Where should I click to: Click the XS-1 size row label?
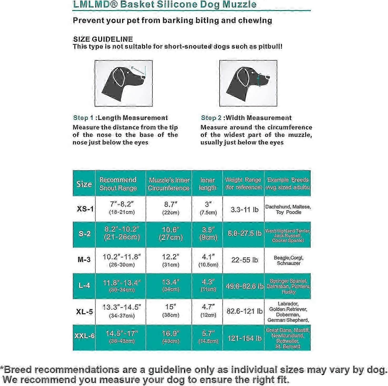click(x=85, y=209)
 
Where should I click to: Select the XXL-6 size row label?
click(x=85, y=336)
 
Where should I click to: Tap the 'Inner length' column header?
click(x=207, y=184)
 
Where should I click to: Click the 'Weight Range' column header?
click(x=244, y=183)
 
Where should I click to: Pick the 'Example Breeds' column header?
click(x=288, y=183)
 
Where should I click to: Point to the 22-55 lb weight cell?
click(x=244, y=260)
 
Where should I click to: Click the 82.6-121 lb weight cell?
click(x=244, y=311)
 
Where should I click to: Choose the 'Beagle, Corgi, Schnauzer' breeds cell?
click(x=288, y=260)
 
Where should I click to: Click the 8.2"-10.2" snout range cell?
click(x=122, y=233)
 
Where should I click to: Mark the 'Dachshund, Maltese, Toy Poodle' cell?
click(x=288, y=209)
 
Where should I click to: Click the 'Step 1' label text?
click(x=83, y=118)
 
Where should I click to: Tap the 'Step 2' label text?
click(x=211, y=118)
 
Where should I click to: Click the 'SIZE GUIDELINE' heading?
click(x=103, y=39)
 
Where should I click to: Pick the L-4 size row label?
click(x=84, y=286)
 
